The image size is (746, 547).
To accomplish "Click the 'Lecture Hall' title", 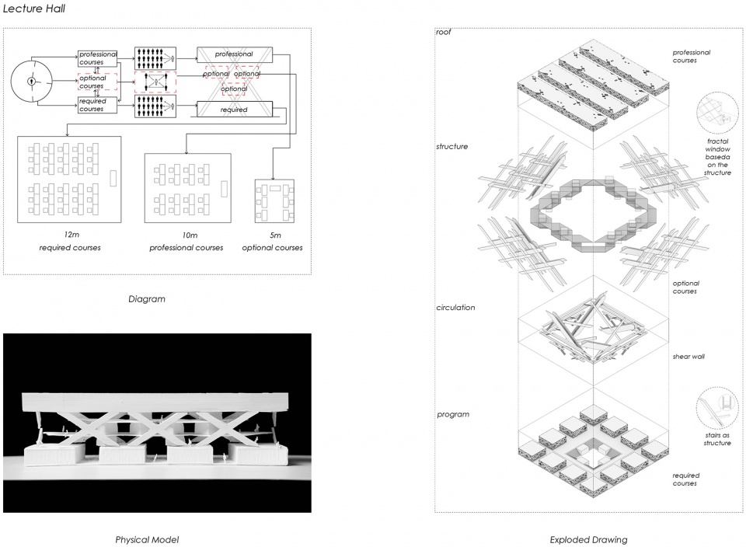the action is [x=33, y=8].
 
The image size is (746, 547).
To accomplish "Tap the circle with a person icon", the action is [x=31, y=81].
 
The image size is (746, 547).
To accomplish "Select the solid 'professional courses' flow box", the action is [x=98, y=58].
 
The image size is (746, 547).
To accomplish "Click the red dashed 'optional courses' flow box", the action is [x=98, y=82].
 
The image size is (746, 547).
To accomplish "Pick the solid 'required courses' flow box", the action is [x=98, y=105].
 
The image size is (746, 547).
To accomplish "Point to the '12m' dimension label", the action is [x=71, y=235].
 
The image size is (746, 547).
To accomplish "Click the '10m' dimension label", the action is [x=190, y=235].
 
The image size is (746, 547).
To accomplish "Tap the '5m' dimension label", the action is [x=275, y=235].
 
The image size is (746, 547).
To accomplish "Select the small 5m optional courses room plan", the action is [x=274, y=201].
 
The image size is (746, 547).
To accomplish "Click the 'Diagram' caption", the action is [x=147, y=299].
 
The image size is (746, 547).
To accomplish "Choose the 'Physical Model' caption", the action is [x=147, y=540].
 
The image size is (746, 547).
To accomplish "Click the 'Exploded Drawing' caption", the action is [x=588, y=540].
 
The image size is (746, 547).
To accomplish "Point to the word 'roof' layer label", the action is [x=444, y=32].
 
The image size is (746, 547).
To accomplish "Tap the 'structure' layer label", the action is [x=452, y=147].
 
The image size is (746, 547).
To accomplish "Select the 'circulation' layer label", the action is [x=456, y=307].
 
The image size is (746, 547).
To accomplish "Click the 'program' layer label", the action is [x=453, y=414].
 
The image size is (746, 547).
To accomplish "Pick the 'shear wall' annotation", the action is [x=688, y=357].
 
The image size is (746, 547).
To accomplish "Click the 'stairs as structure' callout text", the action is [x=717, y=439].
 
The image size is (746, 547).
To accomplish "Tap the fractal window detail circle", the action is [x=717, y=113].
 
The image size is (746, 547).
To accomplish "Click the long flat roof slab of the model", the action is [x=155, y=402].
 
